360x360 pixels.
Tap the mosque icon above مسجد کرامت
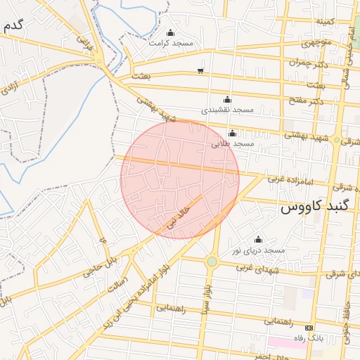[x=170, y=32]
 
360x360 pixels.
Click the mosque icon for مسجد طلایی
[x=232, y=134]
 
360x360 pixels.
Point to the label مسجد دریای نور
[x=258, y=250]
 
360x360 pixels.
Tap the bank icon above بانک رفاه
[x=308, y=328]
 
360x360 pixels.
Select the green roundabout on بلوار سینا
[x=212, y=262]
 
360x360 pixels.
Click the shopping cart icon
[x=201, y=70]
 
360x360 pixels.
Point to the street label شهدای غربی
[x=253, y=267]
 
